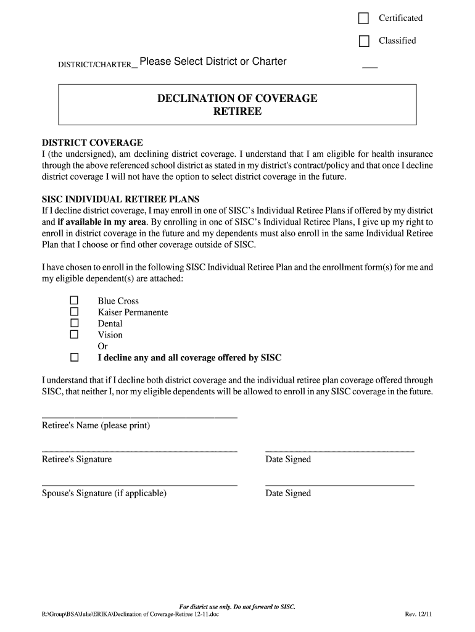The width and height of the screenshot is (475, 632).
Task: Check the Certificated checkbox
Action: click(364, 19)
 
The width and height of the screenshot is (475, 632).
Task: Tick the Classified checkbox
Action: click(364, 41)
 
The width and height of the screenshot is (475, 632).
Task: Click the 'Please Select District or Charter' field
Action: click(213, 62)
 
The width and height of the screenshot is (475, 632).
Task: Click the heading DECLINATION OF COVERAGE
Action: click(238, 99)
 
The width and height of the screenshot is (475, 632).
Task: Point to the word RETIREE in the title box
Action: click(238, 112)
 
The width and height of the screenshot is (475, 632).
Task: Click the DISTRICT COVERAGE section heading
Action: click(92, 143)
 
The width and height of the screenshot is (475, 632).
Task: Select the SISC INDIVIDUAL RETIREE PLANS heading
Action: click(120, 200)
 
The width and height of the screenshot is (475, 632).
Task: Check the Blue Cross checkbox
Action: click(74, 301)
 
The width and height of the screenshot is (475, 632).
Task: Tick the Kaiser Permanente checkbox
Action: click(74, 312)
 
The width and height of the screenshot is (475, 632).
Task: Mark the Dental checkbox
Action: click(74, 323)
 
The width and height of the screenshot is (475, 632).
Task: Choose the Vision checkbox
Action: click(74, 334)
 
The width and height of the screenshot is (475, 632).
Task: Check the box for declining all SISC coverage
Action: click(74, 357)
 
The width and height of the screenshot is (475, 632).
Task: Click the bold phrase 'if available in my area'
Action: click(102, 222)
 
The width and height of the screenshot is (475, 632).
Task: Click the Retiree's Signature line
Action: click(139, 451)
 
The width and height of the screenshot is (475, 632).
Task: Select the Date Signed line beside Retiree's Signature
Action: click(339, 451)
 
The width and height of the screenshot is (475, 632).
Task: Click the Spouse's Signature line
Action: click(139, 485)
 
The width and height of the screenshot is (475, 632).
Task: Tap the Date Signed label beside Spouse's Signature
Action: click(288, 493)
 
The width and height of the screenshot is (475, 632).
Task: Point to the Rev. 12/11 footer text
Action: click(418, 615)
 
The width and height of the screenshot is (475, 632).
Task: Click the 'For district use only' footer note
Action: click(237, 607)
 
